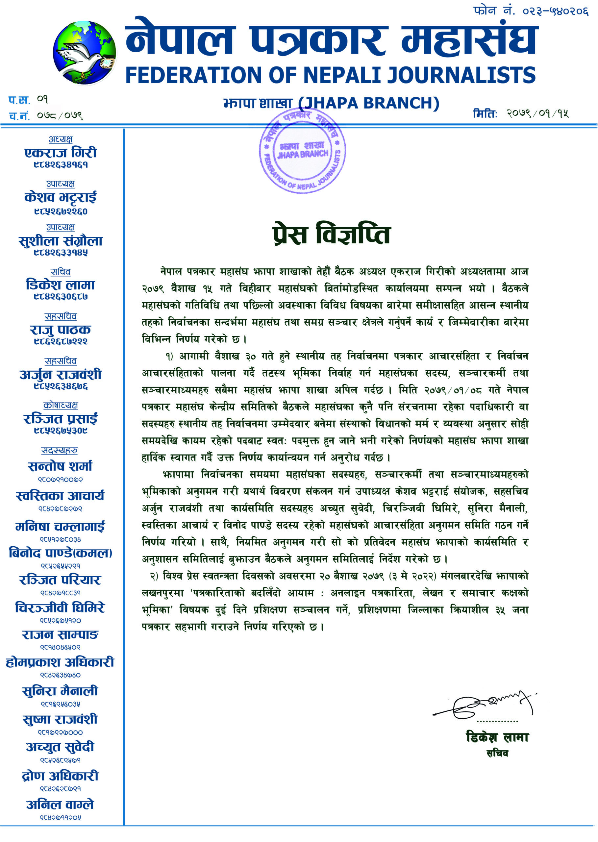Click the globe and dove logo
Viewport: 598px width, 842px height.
point(84,53)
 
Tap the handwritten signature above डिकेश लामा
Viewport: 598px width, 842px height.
point(484,705)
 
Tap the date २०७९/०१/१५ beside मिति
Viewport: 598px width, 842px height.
point(537,113)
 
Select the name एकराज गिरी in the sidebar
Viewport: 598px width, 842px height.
point(61,152)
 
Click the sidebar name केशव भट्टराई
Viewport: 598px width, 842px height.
point(61,197)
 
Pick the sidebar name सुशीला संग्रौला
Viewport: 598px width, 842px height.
point(61,241)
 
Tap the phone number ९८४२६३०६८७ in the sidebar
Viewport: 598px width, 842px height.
point(61,296)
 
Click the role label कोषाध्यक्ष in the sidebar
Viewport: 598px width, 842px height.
point(61,405)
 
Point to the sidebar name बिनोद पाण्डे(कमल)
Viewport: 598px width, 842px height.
point(61,553)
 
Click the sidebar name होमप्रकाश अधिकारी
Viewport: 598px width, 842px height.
point(60,662)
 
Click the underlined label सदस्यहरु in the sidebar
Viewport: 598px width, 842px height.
point(60,450)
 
